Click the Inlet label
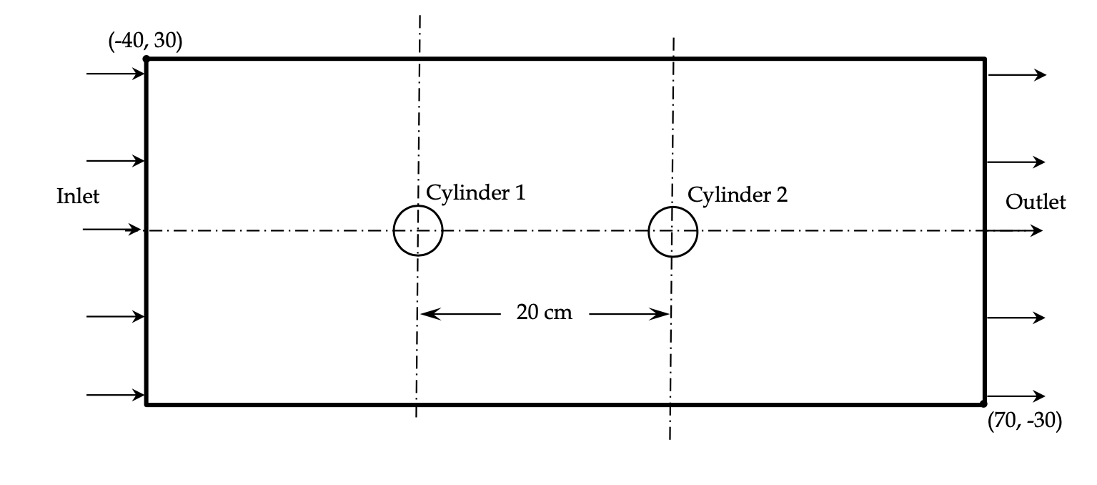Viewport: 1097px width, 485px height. pyautogui.click(x=78, y=196)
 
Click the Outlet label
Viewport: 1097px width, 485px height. pyautogui.click(x=1035, y=202)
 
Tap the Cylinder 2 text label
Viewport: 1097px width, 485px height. pyautogui.click(x=737, y=194)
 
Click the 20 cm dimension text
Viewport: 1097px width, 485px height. pyautogui.click(x=544, y=313)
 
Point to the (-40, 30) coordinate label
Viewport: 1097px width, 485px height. pyautogui.click(x=145, y=41)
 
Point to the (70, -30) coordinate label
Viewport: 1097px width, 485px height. pyautogui.click(x=1024, y=421)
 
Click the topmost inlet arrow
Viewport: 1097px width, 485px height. pyautogui.click(x=115, y=74)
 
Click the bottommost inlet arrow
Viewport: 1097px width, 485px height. pyautogui.click(x=115, y=395)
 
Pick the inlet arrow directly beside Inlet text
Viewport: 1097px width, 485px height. pyautogui.click(x=111, y=229)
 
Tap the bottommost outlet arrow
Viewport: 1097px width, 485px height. pyautogui.click(x=1016, y=396)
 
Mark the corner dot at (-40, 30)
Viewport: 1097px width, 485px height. pyautogui.click(x=147, y=59)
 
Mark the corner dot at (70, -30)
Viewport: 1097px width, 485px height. pyautogui.click(x=984, y=405)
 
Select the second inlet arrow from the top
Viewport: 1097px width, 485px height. pyautogui.click(x=115, y=161)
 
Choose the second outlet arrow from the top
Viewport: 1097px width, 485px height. pyautogui.click(x=1016, y=162)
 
